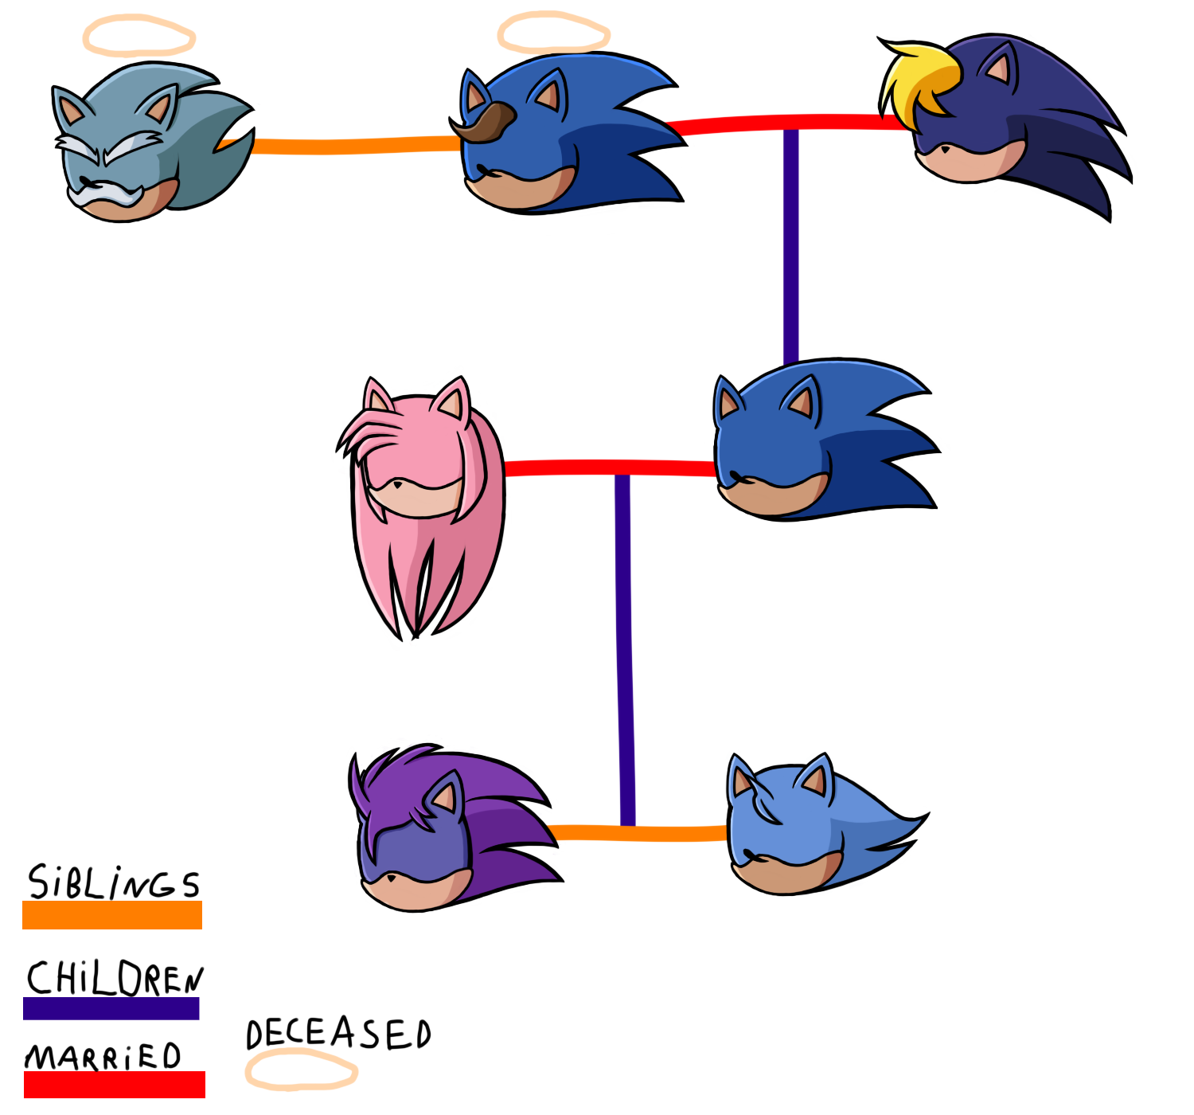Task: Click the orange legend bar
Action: coord(111,914)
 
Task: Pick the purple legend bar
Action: coord(111,1008)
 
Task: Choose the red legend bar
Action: coord(114,1084)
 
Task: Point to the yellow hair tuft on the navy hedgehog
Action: coord(919,76)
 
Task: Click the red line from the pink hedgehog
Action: coord(557,468)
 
